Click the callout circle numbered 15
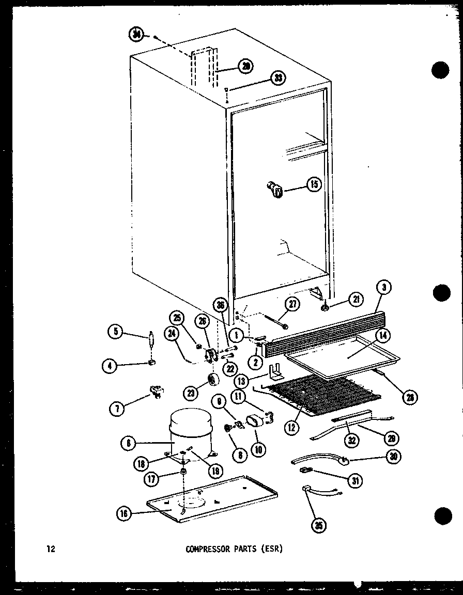[313, 184]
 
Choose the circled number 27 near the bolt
[292, 305]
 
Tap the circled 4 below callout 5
[110, 366]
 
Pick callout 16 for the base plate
[124, 513]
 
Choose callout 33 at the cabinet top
[278, 79]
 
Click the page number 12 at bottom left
[50, 549]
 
